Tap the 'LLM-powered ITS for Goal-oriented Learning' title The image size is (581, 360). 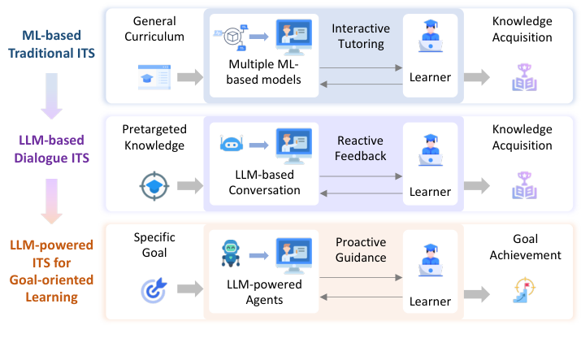tap(50, 271)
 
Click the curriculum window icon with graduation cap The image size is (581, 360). tap(154, 77)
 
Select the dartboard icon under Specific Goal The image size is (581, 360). tap(153, 288)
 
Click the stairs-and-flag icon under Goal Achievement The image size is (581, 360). tap(523, 289)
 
